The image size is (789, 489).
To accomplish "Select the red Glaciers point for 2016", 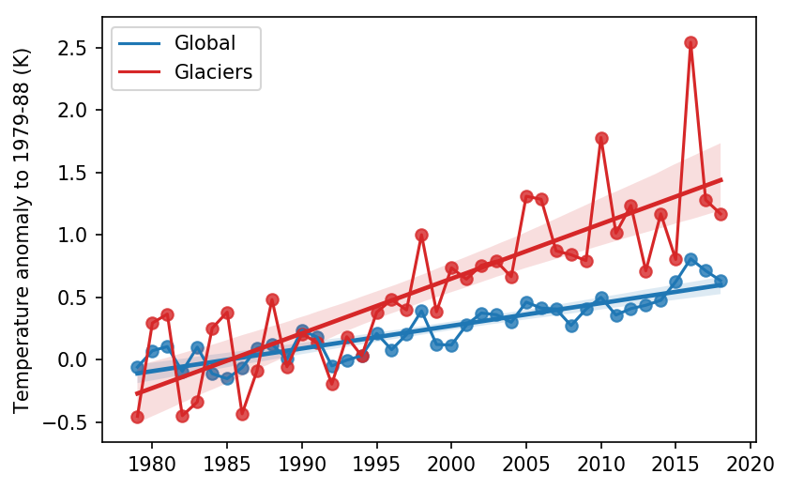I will [x=690, y=42].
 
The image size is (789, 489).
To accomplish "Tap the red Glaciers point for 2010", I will [x=601, y=138].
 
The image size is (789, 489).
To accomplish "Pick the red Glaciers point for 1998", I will [x=421, y=235].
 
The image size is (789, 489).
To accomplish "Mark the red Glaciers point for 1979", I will [x=137, y=417].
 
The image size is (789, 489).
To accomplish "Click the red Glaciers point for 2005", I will [x=526, y=196].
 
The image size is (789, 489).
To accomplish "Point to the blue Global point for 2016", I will [x=690, y=259].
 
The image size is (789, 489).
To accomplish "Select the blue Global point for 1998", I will [x=421, y=311].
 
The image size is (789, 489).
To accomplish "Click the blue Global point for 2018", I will [x=721, y=281].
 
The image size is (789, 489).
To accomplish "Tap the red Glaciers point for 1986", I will [x=242, y=414].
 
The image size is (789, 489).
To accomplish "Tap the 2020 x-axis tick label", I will [x=751, y=463].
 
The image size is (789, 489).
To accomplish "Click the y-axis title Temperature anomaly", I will [x=21, y=235].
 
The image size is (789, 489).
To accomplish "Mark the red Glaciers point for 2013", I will [x=645, y=271].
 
